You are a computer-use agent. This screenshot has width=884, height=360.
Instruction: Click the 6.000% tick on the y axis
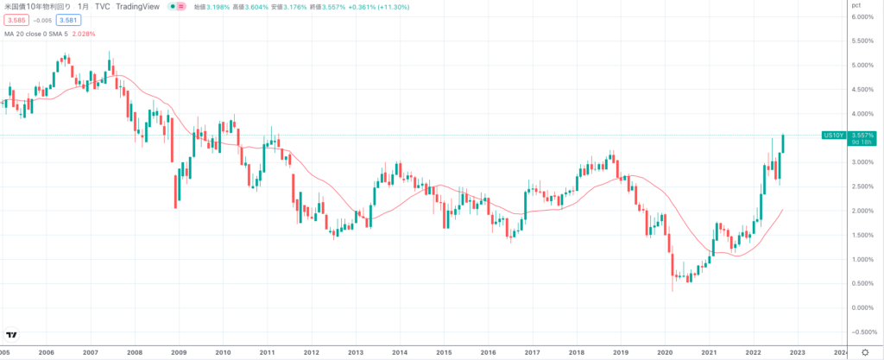click(863, 17)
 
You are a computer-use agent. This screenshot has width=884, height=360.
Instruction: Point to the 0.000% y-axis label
click(863, 307)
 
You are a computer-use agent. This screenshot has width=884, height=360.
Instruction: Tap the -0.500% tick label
click(862, 332)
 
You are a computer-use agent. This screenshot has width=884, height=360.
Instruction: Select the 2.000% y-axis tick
click(863, 211)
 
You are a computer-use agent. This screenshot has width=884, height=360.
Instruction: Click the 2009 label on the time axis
click(179, 352)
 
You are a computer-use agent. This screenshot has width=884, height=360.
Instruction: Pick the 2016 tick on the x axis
click(488, 352)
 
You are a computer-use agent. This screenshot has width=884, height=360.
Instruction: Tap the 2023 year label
click(797, 352)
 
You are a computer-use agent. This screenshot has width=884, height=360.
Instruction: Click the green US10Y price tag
click(833, 136)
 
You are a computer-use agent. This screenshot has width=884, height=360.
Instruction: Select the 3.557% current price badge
click(862, 136)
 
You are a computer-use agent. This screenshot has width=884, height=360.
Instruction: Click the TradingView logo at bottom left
click(12, 335)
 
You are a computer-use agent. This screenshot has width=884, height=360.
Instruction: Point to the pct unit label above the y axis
click(857, 5)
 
